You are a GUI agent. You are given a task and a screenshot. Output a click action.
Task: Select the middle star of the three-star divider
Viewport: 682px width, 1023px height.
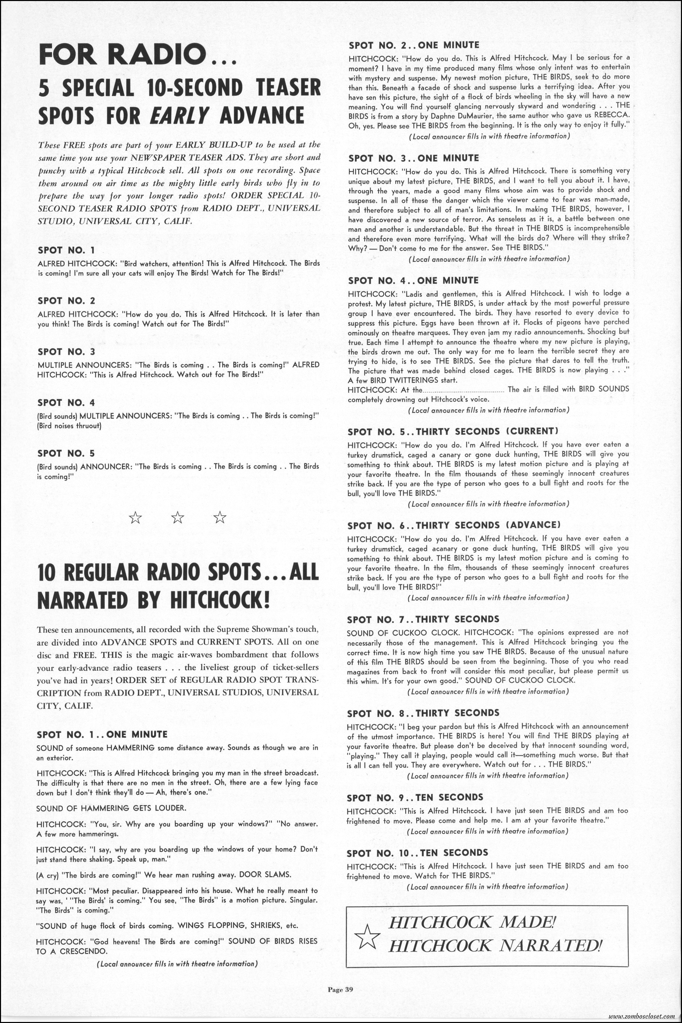(x=177, y=518)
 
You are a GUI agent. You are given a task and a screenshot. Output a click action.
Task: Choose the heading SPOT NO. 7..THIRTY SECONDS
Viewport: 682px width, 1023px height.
(x=423, y=619)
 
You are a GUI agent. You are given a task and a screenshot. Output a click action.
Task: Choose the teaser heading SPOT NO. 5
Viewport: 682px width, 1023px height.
(x=66, y=453)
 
